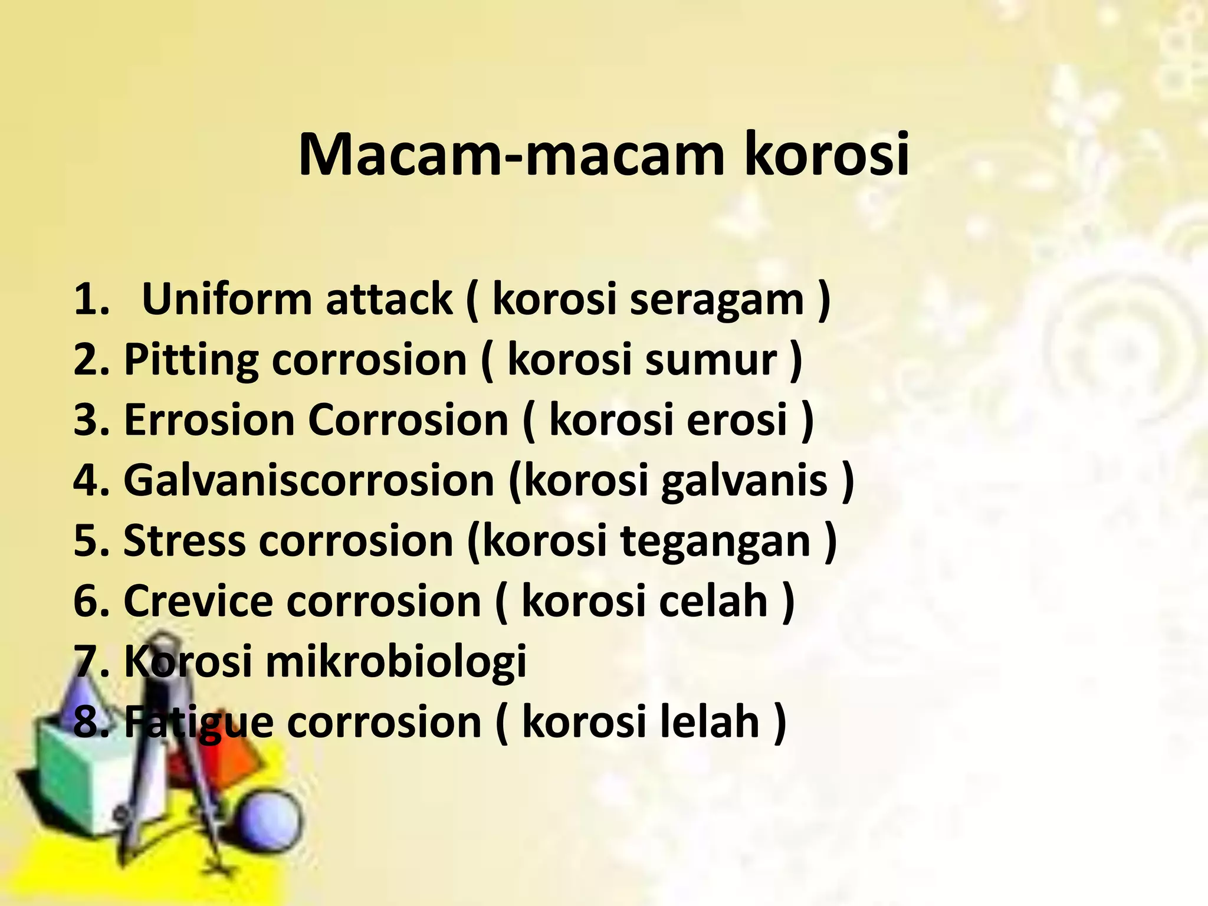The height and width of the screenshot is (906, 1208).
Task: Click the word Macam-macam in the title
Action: (x=511, y=155)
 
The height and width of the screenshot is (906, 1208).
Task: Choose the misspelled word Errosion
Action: (x=209, y=420)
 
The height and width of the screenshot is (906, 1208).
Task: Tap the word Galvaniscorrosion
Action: (x=308, y=480)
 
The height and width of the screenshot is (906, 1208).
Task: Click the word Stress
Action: (x=184, y=541)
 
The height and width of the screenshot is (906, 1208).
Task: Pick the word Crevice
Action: (x=198, y=601)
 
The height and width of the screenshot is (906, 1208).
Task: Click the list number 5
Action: (x=87, y=541)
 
